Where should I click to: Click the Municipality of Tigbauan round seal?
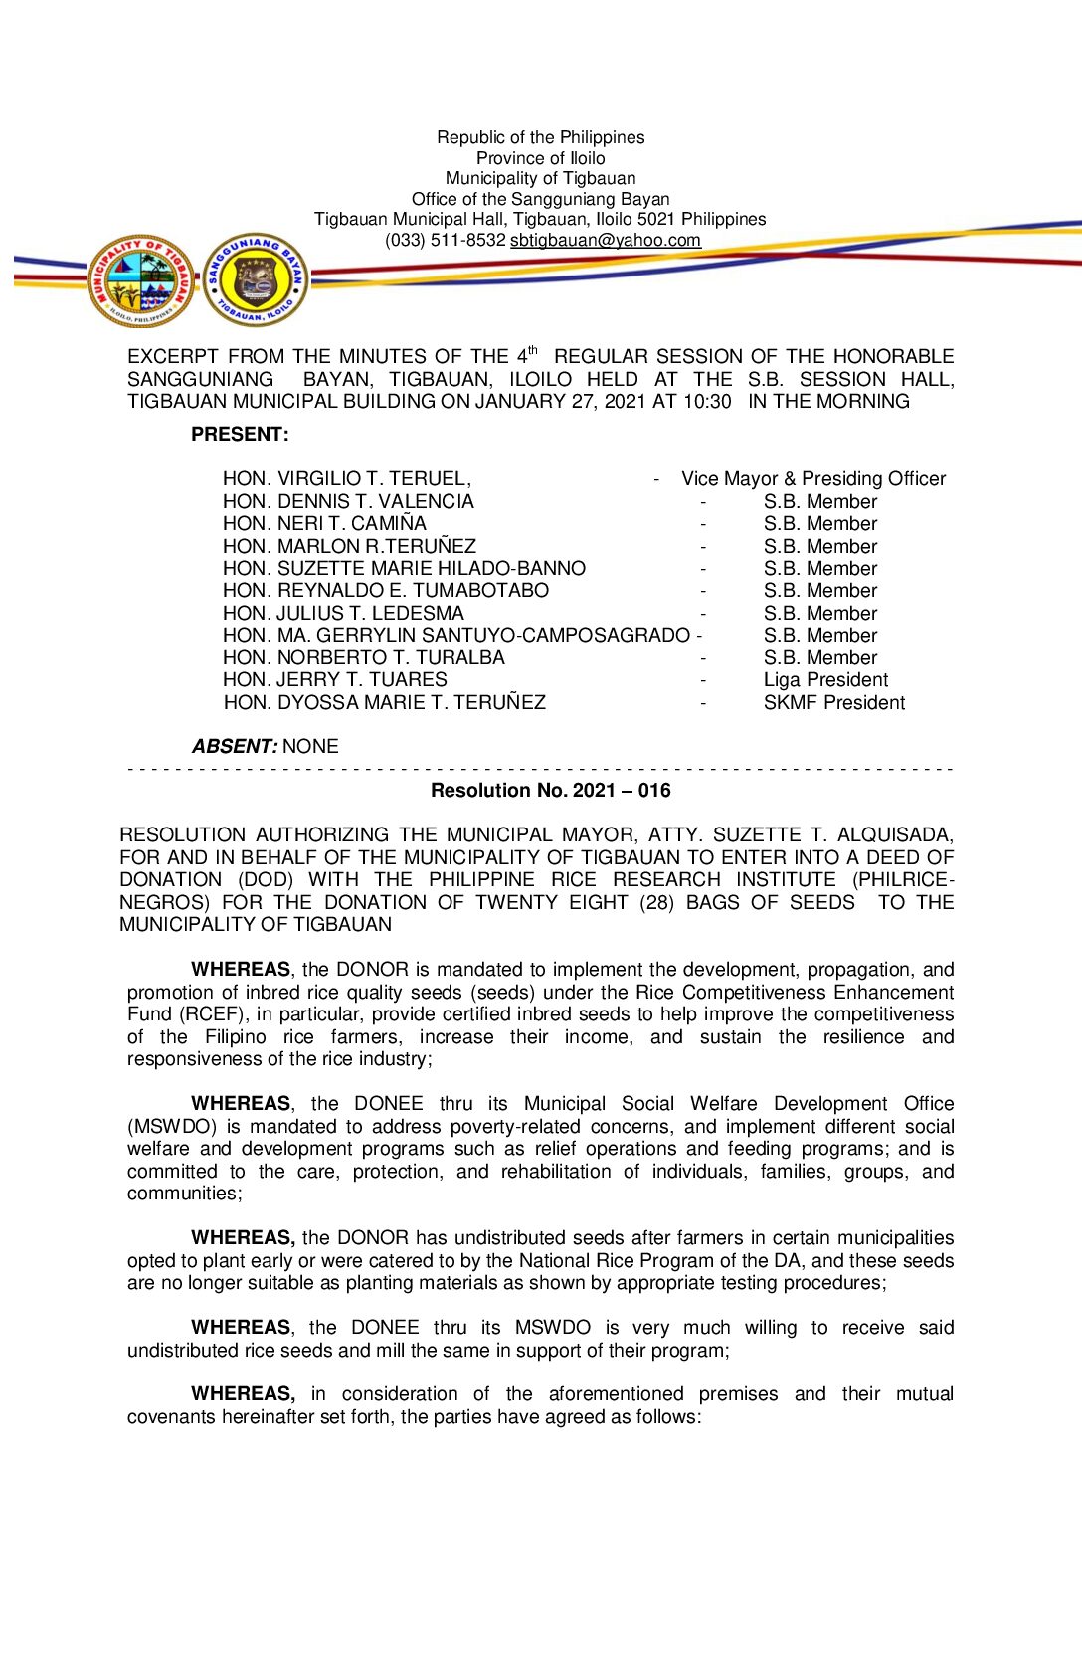(x=140, y=280)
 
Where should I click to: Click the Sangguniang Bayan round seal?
(x=256, y=280)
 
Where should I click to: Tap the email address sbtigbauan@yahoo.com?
(x=605, y=240)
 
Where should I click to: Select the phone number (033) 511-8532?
(x=445, y=240)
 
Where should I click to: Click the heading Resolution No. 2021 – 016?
(x=550, y=791)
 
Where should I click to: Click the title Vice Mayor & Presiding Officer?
(x=812, y=479)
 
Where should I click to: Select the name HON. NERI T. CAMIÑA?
(x=324, y=524)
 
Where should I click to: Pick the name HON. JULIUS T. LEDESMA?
(x=343, y=614)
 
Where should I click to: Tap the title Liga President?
(x=825, y=680)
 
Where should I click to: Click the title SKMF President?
(x=833, y=703)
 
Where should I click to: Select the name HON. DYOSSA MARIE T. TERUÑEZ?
(x=384, y=703)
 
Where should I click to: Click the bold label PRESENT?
(x=240, y=435)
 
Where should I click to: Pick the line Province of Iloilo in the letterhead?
(x=540, y=158)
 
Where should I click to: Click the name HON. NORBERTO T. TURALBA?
(x=363, y=658)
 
